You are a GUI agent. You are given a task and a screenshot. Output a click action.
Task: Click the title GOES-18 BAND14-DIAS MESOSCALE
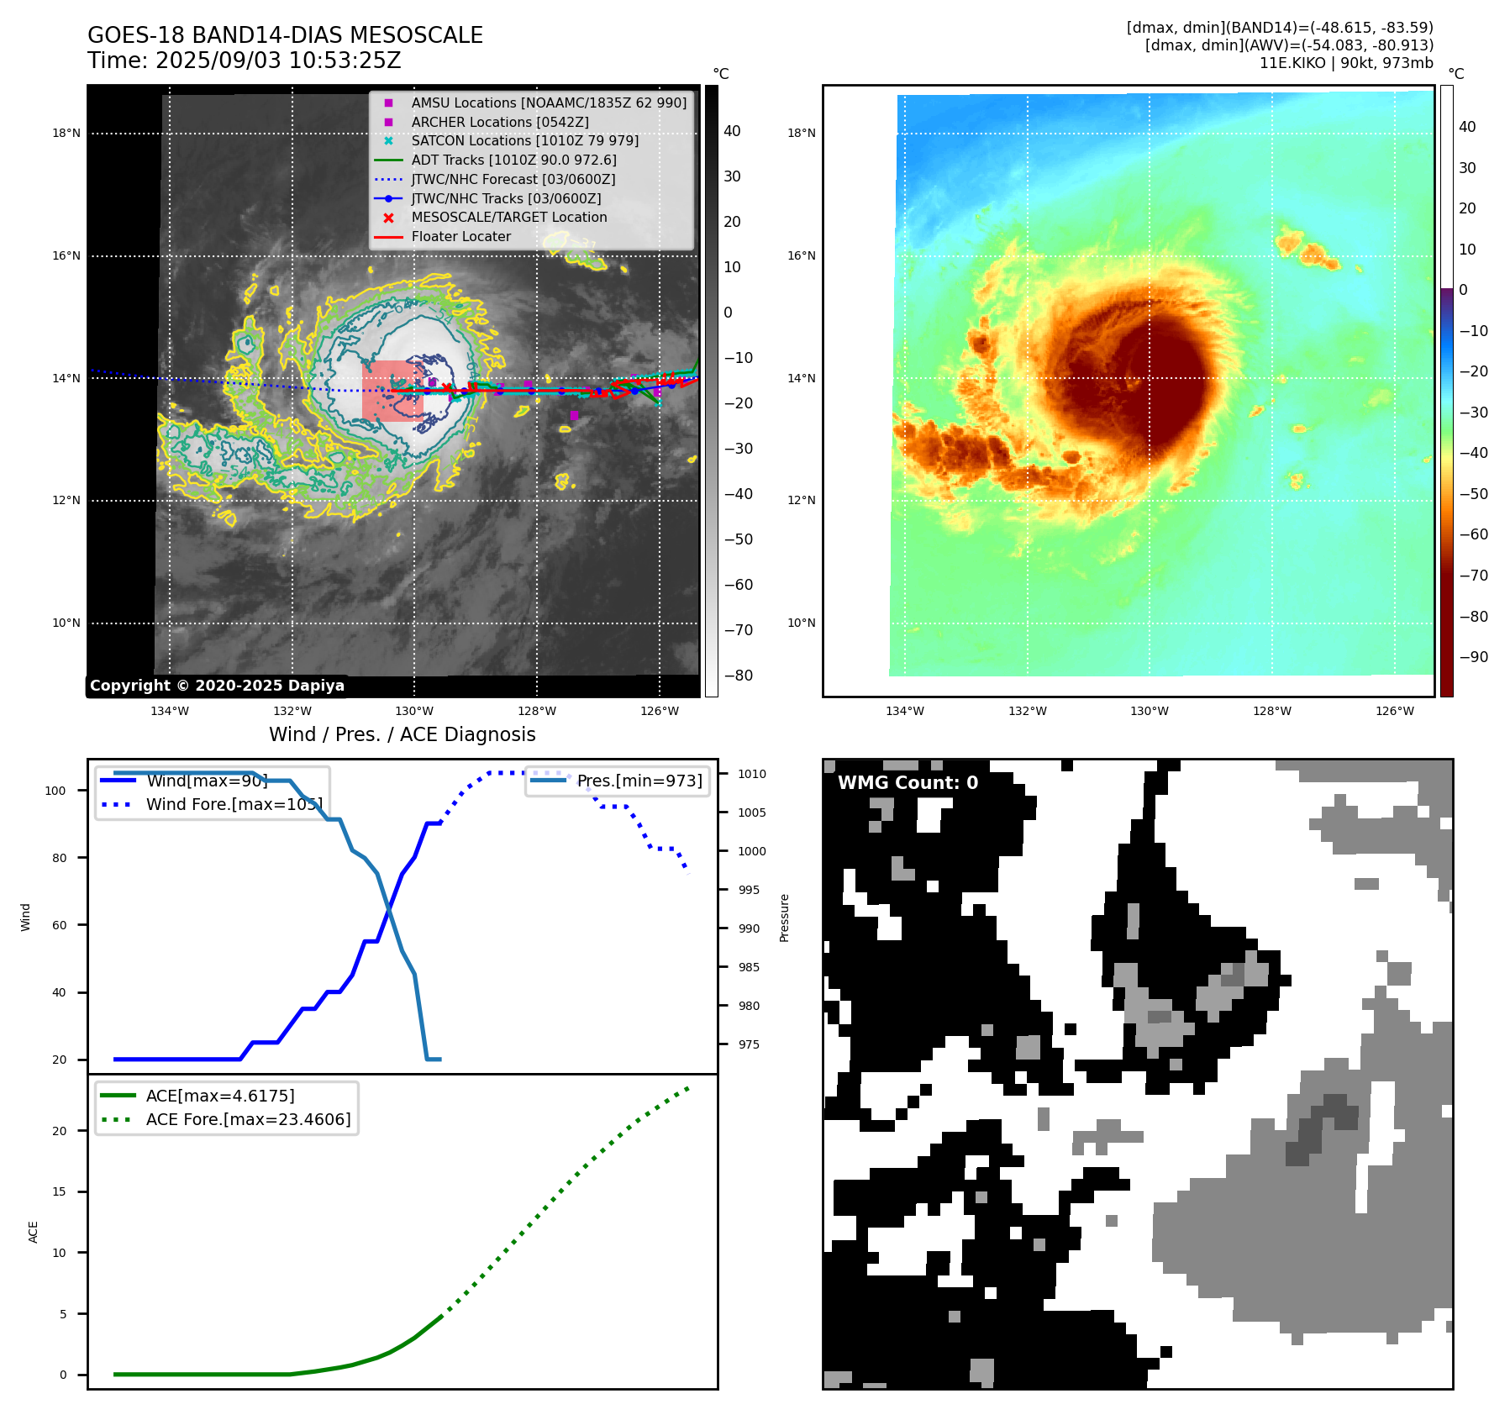point(285,35)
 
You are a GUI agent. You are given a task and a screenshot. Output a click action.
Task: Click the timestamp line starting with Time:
point(244,61)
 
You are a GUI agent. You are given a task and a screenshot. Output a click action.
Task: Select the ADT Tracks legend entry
point(513,160)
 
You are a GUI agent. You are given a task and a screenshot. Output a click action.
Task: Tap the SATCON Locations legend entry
point(524,140)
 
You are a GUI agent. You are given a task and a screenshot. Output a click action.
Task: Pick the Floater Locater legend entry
point(460,237)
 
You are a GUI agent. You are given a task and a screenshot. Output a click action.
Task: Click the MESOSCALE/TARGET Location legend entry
point(508,217)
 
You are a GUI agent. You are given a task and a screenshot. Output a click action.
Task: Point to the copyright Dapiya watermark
point(217,686)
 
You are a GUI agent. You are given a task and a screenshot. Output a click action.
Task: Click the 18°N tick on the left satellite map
point(66,133)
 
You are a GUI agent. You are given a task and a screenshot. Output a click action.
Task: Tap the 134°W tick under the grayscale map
point(170,711)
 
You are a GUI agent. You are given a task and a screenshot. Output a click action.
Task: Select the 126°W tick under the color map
point(1394,711)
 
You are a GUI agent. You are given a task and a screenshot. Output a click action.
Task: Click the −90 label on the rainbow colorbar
point(1473,657)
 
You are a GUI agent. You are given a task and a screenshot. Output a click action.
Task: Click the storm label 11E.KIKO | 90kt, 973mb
point(1346,63)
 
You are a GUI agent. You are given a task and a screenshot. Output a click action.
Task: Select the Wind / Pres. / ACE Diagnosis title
point(402,734)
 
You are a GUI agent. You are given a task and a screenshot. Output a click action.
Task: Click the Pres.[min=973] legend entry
point(639,781)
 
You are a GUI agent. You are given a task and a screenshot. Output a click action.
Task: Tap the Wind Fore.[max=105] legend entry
point(234,804)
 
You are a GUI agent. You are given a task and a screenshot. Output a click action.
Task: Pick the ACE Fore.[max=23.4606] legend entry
point(248,1119)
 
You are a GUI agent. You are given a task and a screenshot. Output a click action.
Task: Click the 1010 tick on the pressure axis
point(752,774)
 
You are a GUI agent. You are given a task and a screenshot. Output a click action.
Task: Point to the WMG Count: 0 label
point(908,783)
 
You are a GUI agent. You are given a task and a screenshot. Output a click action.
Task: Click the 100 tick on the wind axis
point(55,791)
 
